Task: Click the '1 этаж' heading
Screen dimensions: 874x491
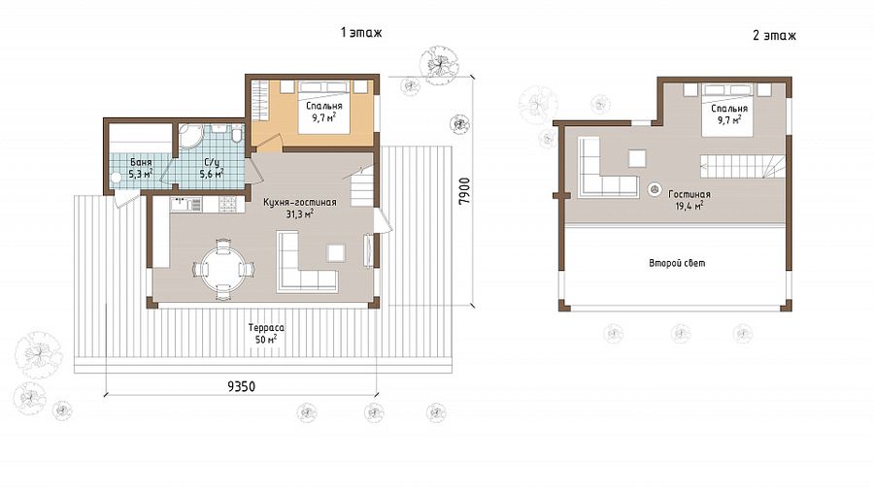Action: coord(361,33)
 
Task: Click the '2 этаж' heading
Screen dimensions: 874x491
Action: coord(774,36)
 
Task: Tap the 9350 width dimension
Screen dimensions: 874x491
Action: coord(242,386)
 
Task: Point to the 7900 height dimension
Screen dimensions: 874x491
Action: coord(464,190)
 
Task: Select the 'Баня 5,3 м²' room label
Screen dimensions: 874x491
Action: coord(140,168)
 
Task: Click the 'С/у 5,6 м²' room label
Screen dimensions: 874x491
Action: coord(212,168)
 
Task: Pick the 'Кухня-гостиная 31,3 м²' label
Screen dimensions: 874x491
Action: coord(300,209)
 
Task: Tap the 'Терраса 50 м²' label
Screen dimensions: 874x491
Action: coord(266,333)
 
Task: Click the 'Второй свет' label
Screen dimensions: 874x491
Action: coord(677,263)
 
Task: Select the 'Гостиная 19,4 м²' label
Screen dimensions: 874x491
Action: coord(689,199)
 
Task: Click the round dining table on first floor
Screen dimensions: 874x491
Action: coord(222,269)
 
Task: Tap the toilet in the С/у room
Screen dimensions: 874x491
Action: coord(236,135)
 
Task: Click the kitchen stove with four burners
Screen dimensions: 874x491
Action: coord(228,205)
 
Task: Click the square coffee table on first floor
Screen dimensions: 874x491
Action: coord(336,252)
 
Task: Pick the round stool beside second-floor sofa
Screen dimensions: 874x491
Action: coord(655,188)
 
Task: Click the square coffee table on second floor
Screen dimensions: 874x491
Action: coord(637,158)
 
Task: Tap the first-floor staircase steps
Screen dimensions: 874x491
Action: coord(362,185)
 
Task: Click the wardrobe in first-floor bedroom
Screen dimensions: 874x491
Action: coord(259,100)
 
